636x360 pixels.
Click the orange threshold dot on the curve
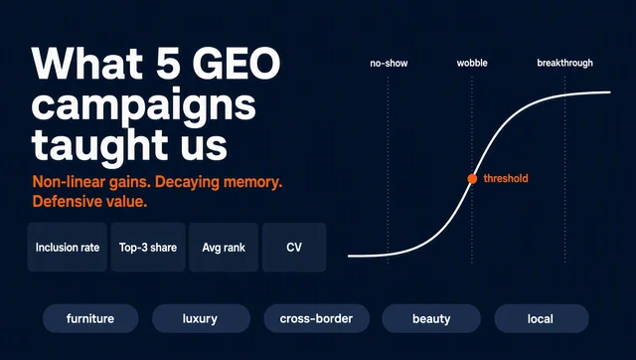(472, 179)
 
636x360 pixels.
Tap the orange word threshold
(506, 178)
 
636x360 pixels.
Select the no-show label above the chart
(389, 64)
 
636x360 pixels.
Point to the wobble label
(472, 63)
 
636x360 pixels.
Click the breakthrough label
(565, 63)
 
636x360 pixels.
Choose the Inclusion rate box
(68, 248)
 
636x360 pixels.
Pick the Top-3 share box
(148, 248)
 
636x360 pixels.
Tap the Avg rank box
(224, 248)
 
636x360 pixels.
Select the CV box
(294, 248)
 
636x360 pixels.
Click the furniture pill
(90, 318)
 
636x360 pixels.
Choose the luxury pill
(201, 318)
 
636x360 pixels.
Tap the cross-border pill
(316, 318)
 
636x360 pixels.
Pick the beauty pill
(431, 318)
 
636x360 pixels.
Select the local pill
(542, 318)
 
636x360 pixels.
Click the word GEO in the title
(237, 64)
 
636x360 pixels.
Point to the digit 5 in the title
(168, 64)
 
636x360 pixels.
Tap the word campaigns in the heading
(143, 106)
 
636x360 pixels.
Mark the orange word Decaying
(188, 183)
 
